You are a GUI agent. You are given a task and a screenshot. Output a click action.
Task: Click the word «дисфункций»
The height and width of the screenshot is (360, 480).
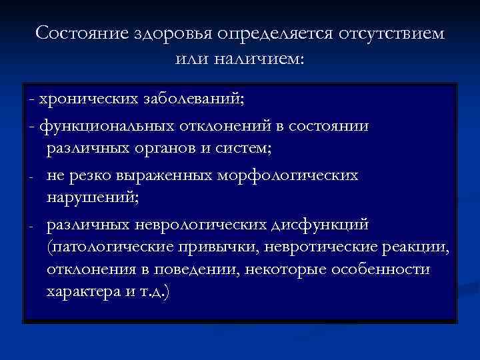324,225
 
